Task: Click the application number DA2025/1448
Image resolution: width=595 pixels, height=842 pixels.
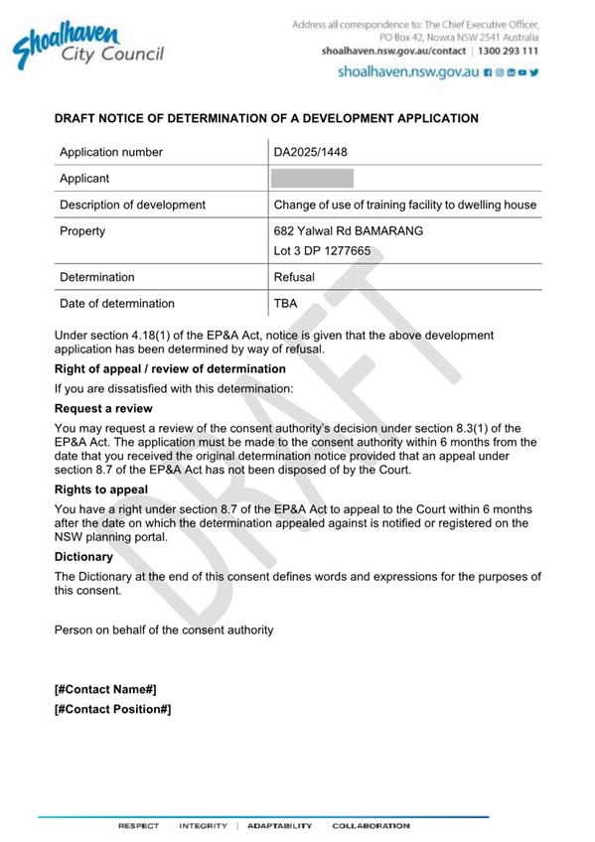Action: pyautogui.click(x=311, y=152)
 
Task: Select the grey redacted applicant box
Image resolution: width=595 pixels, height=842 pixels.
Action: pyautogui.click(x=312, y=179)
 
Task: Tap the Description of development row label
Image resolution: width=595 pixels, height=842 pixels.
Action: pyautogui.click(x=133, y=205)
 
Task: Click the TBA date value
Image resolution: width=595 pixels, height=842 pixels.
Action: pyautogui.click(x=286, y=304)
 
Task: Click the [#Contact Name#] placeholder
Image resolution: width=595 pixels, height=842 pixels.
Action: pyautogui.click(x=105, y=689)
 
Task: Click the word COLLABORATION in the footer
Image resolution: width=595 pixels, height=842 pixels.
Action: pyautogui.click(x=370, y=826)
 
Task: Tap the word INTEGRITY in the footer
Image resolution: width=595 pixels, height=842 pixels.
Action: pyautogui.click(x=204, y=826)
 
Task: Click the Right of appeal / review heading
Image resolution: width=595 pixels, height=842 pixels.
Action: pyautogui.click(x=170, y=368)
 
